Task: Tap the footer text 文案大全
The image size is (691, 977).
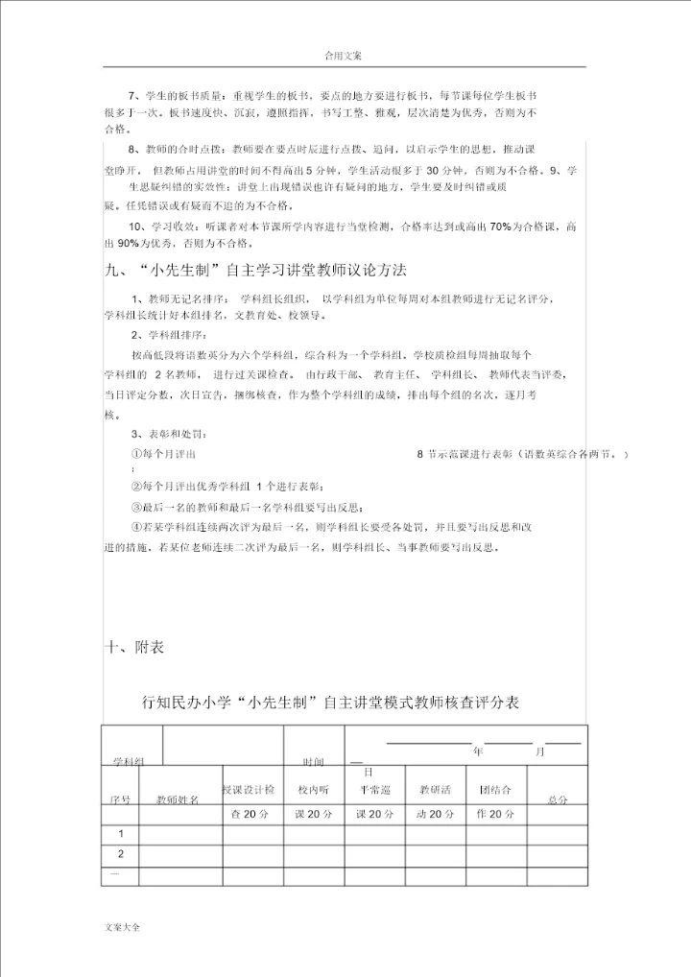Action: click(x=122, y=927)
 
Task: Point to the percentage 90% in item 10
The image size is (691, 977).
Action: click(x=132, y=243)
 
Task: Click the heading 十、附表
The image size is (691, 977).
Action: click(x=134, y=648)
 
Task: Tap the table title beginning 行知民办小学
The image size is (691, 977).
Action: click(x=331, y=703)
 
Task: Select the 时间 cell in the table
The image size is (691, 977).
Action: click(x=314, y=761)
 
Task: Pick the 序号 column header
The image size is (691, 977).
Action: click(x=120, y=798)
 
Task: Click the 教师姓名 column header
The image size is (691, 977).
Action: click(x=178, y=798)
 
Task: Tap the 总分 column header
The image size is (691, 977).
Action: click(x=558, y=798)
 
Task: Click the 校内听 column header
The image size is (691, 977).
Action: click(x=314, y=790)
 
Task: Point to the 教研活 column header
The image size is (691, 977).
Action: click(x=435, y=790)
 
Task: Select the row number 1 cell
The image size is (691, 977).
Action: click(x=121, y=833)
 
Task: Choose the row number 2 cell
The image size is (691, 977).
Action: click(x=121, y=854)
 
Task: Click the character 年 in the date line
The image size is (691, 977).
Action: click(x=478, y=752)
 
